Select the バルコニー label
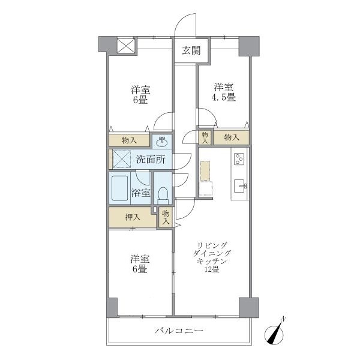178,331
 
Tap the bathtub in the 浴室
121,188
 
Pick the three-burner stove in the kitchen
239,160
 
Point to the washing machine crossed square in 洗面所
122,160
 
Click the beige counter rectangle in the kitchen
205,170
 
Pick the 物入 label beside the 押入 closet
166,217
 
